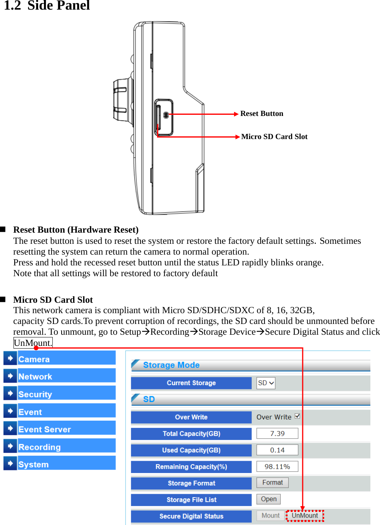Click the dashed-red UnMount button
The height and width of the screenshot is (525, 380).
pyautogui.click(x=305, y=515)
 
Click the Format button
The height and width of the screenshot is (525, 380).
pyautogui.click(x=272, y=483)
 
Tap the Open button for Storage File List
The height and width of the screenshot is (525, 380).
pyautogui.click(x=268, y=499)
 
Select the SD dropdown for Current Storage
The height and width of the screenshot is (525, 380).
pyautogui.click(x=266, y=383)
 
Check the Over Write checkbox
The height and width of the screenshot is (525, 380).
pyautogui.click(x=297, y=416)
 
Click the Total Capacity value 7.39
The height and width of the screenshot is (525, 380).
pyautogui.click(x=277, y=433)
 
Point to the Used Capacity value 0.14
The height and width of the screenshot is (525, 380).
pyautogui.click(x=277, y=450)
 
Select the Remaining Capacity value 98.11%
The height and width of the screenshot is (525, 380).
pyautogui.click(x=277, y=466)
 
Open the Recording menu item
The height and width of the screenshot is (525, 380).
pyautogui.click(x=40, y=447)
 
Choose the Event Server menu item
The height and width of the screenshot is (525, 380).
pyautogui.click(x=45, y=429)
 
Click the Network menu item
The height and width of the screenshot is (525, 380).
pyautogui.click(x=35, y=376)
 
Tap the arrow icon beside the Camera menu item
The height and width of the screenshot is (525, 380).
pyautogui.click(x=10, y=358)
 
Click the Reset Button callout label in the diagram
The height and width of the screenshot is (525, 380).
pyautogui.click(x=261, y=114)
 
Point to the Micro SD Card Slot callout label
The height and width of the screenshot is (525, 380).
pyautogui.click(x=274, y=137)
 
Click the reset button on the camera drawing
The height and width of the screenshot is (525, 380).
pyautogui.click(x=166, y=115)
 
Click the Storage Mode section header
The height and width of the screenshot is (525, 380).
pyautogui.click(x=171, y=365)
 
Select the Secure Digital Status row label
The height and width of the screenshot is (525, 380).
pyautogui.click(x=191, y=516)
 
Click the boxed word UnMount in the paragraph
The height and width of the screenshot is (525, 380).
pyautogui.click(x=33, y=343)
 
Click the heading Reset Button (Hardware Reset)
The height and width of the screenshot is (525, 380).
pyautogui.click(x=76, y=230)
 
